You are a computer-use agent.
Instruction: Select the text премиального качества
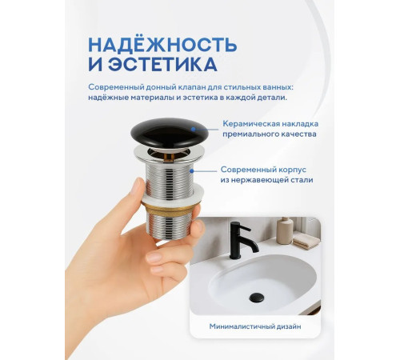tap(258, 134)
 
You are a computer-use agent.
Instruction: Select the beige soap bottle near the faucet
tap(285, 230)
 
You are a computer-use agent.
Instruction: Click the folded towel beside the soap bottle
tap(305, 239)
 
